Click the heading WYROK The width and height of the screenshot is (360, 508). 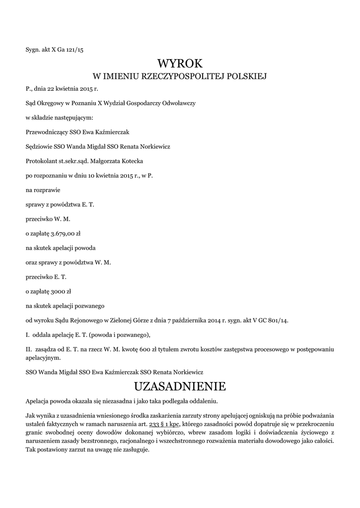180,63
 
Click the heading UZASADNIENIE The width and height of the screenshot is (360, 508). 180,386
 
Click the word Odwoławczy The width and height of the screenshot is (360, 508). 180,104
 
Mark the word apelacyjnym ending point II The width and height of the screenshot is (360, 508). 43,357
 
